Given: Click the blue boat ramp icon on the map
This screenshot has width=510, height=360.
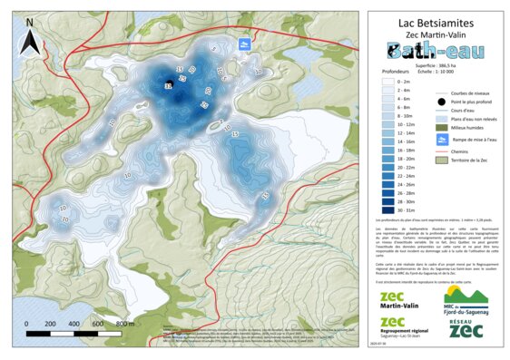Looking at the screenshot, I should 244,44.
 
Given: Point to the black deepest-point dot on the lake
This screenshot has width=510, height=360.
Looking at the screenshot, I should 168,84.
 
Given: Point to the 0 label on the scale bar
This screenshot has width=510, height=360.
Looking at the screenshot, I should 26,323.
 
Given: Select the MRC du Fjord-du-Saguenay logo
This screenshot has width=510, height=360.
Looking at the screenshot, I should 465,298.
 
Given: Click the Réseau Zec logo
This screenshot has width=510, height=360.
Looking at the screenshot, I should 465,330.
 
